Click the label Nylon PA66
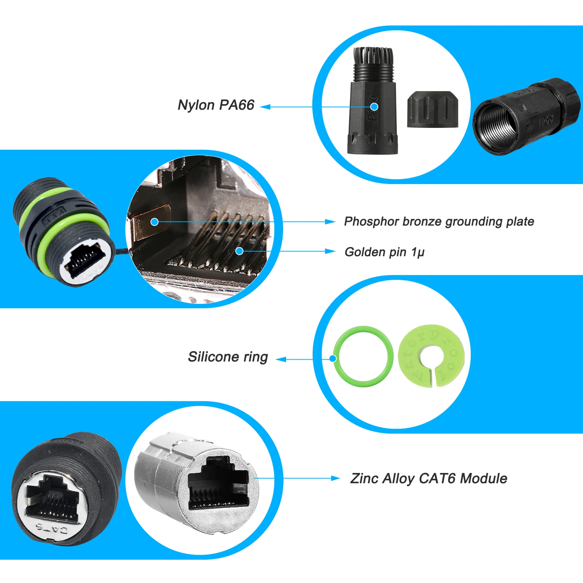[216, 105]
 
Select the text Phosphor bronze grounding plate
[439, 222]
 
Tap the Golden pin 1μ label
[384, 252]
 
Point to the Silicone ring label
[228, 357]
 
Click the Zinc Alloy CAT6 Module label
[429, 478]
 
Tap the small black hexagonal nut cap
[432, 109]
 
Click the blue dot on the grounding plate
[154, 222]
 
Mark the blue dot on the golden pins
[239, 251]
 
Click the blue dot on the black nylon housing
[374, 106]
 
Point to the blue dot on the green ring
[332, 359]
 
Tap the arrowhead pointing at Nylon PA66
[265, 107]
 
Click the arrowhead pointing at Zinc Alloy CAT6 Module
[336, 478]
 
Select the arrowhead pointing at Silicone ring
[281, 360]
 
